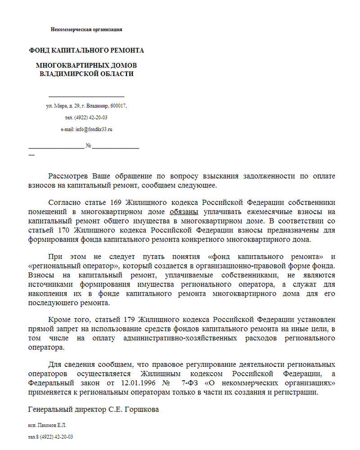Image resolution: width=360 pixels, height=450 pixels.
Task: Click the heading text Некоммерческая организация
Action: tap(86, 30)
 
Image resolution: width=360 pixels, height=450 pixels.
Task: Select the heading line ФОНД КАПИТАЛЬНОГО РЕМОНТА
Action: tap(86, 50)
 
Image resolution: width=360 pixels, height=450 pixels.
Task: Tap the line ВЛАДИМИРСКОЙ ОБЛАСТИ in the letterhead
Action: tap(86, 74)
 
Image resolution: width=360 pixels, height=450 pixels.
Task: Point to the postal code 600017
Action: tap(118, 106)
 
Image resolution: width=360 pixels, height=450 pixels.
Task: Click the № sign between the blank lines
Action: tap(89, 146)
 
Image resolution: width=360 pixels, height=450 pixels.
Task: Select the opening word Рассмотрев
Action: tap(68, 176)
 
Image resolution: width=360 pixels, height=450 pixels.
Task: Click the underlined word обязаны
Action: tap(184, 212)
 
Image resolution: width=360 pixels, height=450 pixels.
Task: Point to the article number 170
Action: tap(63, 230)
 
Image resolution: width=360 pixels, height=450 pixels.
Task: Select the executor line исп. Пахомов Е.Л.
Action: tap(47, 425)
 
